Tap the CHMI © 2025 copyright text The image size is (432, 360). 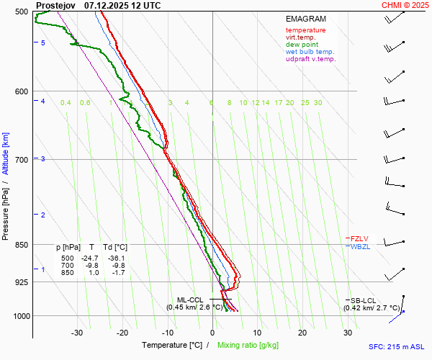[x=405, y=5]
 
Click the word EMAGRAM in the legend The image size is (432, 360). [x=305, y=19]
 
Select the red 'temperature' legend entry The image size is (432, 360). [x=305, y=30]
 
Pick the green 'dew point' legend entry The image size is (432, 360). [x=302, y=45]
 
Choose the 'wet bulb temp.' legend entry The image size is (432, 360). [x=310, y=52]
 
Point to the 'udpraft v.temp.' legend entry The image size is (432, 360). [x=310, y=59]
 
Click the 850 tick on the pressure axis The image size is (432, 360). [x=22, y=245]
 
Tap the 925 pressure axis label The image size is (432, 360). [x=22, y=282]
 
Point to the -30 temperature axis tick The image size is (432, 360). [x=77, y=333]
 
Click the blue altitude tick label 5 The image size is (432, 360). [x=43, y=43]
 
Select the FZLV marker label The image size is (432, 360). [x=359, y=238]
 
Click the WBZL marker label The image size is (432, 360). [x=360, y=246]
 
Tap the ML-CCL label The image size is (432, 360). [x=191, y=300]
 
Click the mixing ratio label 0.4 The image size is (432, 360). [x=66, y=103]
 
